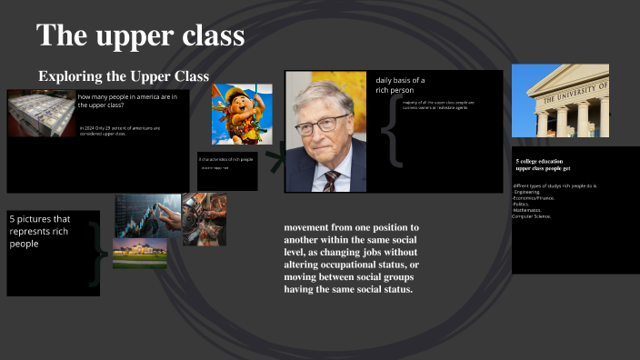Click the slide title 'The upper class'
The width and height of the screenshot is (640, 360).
click(141, 35)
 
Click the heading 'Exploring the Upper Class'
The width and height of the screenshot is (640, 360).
click(124, 75)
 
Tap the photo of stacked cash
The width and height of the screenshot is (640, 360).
click(41, 115)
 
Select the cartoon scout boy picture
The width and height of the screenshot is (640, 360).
click(242, 114)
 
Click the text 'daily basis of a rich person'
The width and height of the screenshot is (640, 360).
click(400, 85)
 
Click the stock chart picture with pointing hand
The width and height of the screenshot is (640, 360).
click(148, 215)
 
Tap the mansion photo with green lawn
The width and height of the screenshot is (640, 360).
click(139, 254)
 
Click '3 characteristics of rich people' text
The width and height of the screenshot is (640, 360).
click(225, 159)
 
